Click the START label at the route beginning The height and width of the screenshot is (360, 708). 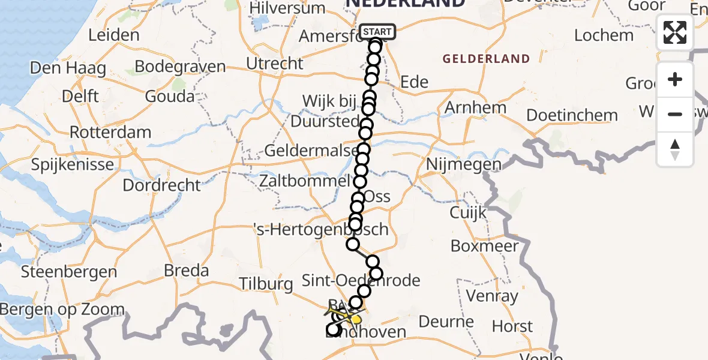[x=377, y=32]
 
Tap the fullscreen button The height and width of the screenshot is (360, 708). [x=675, y=32]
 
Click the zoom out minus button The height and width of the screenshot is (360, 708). [x=675, y=114]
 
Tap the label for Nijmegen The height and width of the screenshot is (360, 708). [x=463, y=164]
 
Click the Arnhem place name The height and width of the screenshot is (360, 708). [x=476, y=108]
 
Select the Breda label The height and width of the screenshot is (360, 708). [x=187, y=271]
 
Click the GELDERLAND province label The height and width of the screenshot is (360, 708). [x=486, y=59]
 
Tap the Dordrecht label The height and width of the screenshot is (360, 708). [x=161, y=185]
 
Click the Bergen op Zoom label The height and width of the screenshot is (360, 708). [x=62, y=310]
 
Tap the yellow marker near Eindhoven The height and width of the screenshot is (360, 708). [x=356, y=319]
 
